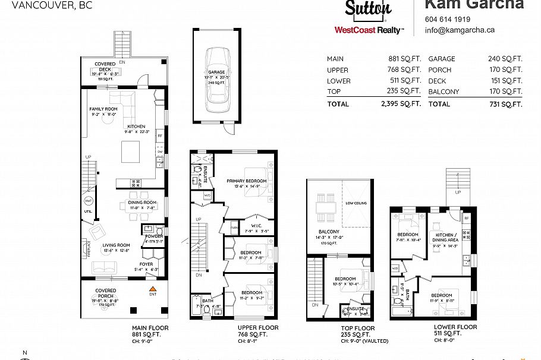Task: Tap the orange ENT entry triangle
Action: [152, 288]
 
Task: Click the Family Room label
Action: [103, 109]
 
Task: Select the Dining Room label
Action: [142, 203]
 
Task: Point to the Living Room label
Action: [116, 245]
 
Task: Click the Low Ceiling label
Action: [356, 203]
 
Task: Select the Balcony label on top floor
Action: [329, 232]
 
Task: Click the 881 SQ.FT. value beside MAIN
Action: [404, 59]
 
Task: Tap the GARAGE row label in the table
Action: [441, 59]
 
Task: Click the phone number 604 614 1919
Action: [448, 19]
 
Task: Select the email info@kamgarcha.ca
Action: [460, 30]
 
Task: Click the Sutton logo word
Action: [368, 8]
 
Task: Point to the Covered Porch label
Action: [106, 291]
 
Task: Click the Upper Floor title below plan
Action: [258, 328]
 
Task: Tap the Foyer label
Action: [146, 264]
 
